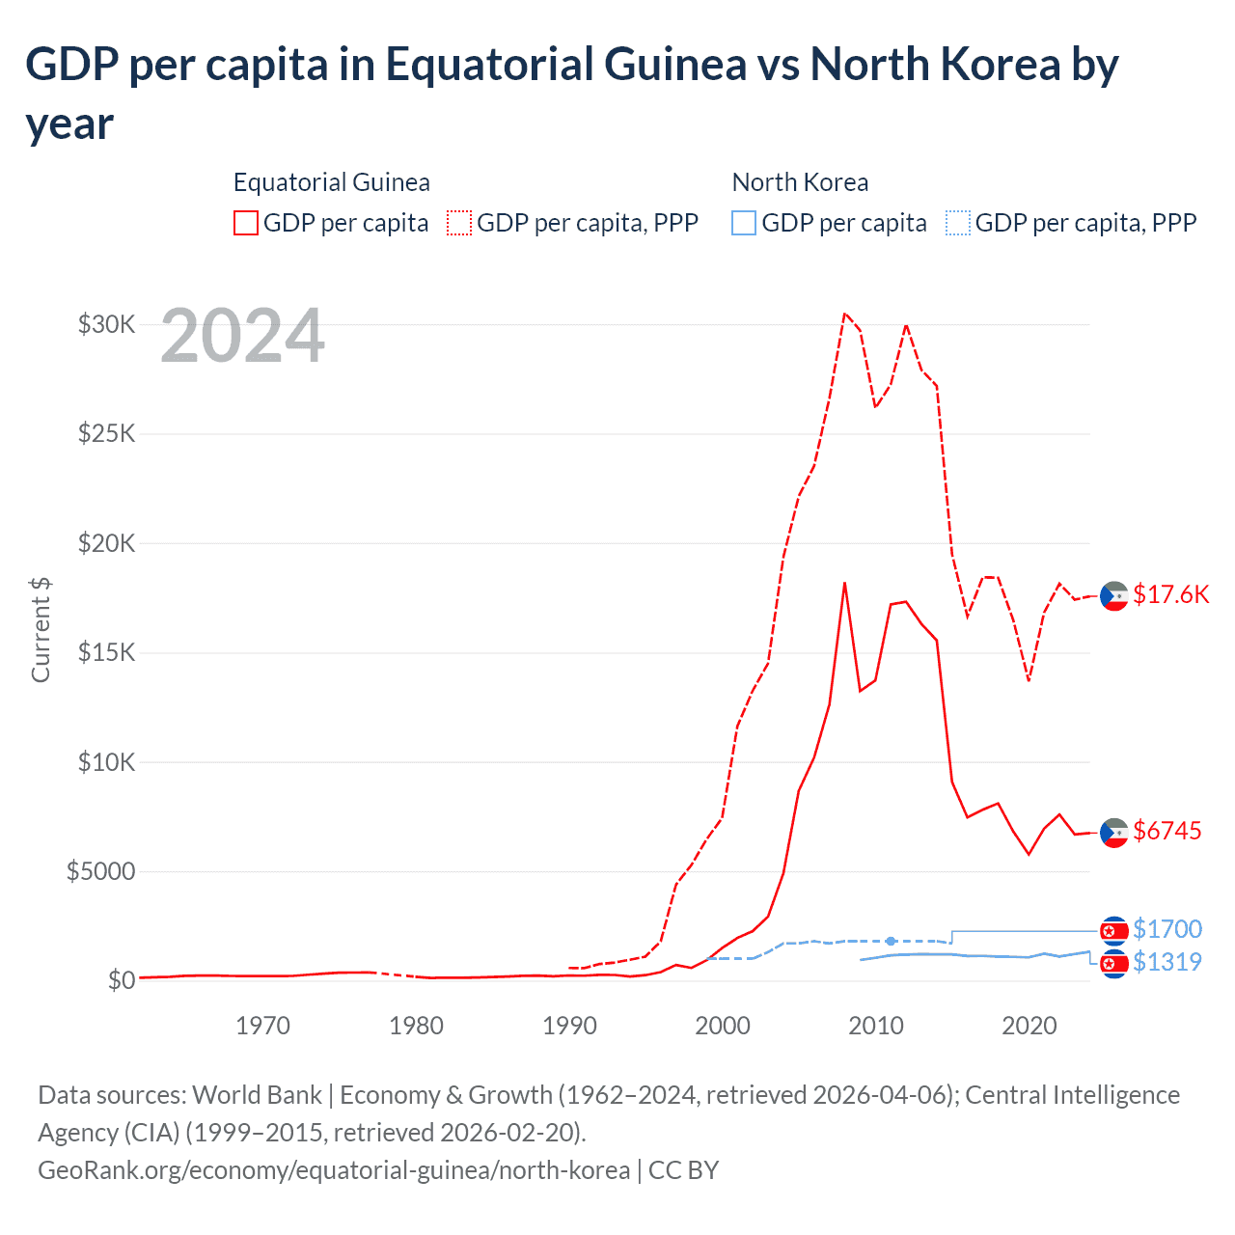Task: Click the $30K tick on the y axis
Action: pos(106,324)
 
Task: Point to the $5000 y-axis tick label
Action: pos(100,871)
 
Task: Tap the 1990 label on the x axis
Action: pos(569,1025)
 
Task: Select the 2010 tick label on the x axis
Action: pos(876,1025)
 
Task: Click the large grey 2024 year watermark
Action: pos(242,336)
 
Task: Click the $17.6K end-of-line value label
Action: pos(1170,594)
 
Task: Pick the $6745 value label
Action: pos(1166,831)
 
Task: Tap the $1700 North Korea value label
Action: pos(1166,929)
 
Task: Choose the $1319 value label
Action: pos(1166,962)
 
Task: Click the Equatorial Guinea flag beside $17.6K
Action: pos(1114,596)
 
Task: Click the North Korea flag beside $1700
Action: pos(1114,930)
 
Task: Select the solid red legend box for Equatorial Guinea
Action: pos(246,223)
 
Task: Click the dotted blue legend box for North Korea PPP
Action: pos(958,223)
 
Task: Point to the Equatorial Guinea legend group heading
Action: pos(331,182)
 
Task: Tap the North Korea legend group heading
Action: pos(800,182)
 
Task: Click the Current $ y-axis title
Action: pos(41,629)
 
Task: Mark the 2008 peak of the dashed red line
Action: pos(844,313)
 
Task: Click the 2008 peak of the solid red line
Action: pos(844,583)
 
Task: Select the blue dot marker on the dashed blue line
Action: pos(891,941)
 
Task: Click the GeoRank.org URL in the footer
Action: pos(334,1170)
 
